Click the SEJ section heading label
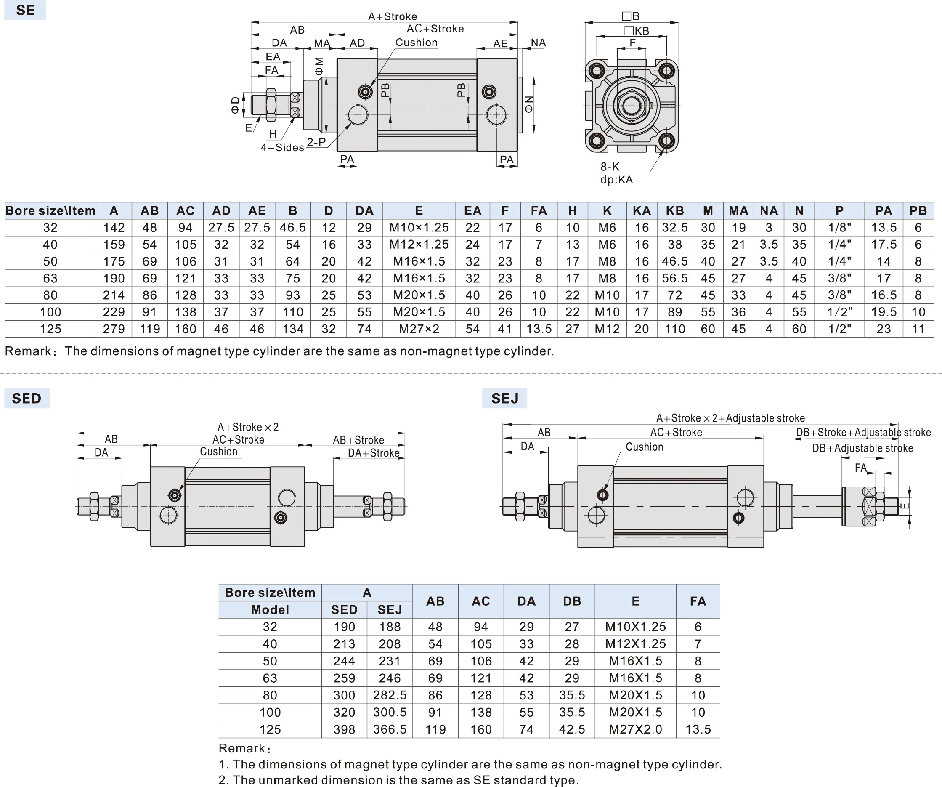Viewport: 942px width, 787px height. click(504, 398)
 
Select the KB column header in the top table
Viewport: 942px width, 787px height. click(675, 210)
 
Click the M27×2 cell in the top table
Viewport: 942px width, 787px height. click(419, 329)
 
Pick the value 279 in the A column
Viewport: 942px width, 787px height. click(114, 329)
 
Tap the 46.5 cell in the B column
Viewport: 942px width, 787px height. click(292, 228)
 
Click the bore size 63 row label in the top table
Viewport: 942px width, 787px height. click(50, 278)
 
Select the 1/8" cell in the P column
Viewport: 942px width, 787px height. click(839, 228)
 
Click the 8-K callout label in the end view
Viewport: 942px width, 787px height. click(610, 167)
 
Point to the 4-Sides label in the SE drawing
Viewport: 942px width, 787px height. click(282, 148)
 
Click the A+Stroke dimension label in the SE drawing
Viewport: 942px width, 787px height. click(393, 16)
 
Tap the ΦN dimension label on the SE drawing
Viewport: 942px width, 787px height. click(529, 104)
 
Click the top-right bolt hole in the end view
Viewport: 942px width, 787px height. click(666, 70)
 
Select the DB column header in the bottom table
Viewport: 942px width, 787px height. click(572, 601)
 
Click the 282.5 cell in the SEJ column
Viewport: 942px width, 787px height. click(389, 695)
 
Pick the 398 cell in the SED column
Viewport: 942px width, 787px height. click(344, 729)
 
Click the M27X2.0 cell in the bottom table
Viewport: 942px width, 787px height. click(635, 729)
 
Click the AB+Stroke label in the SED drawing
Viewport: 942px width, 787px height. click(358, 440)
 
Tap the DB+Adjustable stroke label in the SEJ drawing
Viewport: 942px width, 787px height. click(862, 448)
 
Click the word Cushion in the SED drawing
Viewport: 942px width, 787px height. click(218, 452)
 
